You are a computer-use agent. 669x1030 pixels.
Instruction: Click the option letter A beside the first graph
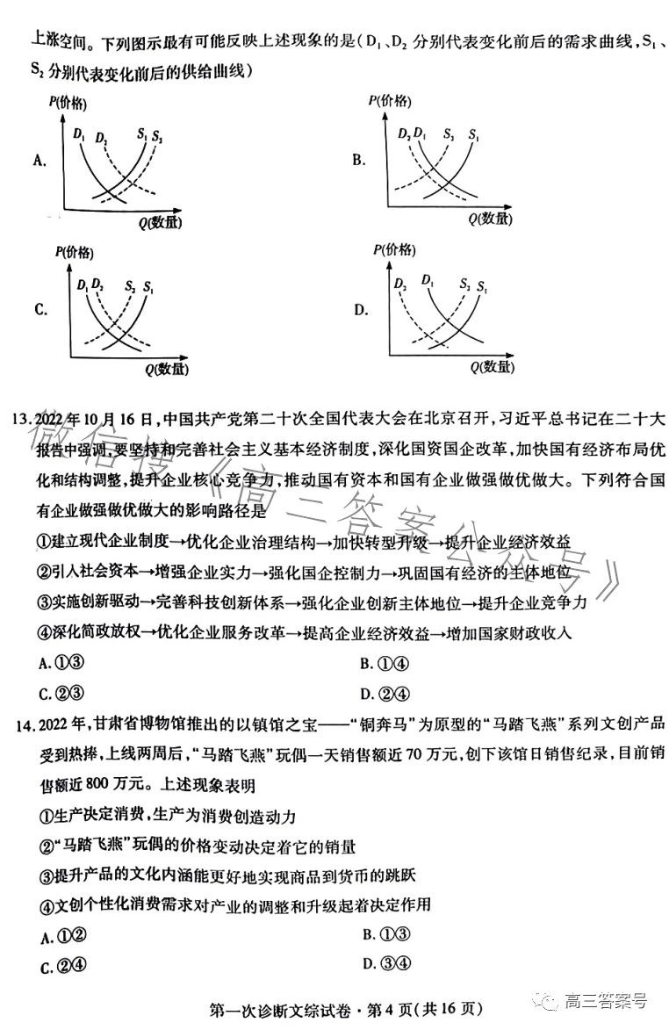pyautogui.click(x=39, y=160)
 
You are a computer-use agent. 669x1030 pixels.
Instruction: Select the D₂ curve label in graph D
pyautogui.click(x=402, y=284)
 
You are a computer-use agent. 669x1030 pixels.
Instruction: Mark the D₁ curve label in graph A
pyautogui.click(x=80, y=133)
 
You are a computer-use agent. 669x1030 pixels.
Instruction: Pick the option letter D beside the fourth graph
pyautogui.click(x=361, y=310)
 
